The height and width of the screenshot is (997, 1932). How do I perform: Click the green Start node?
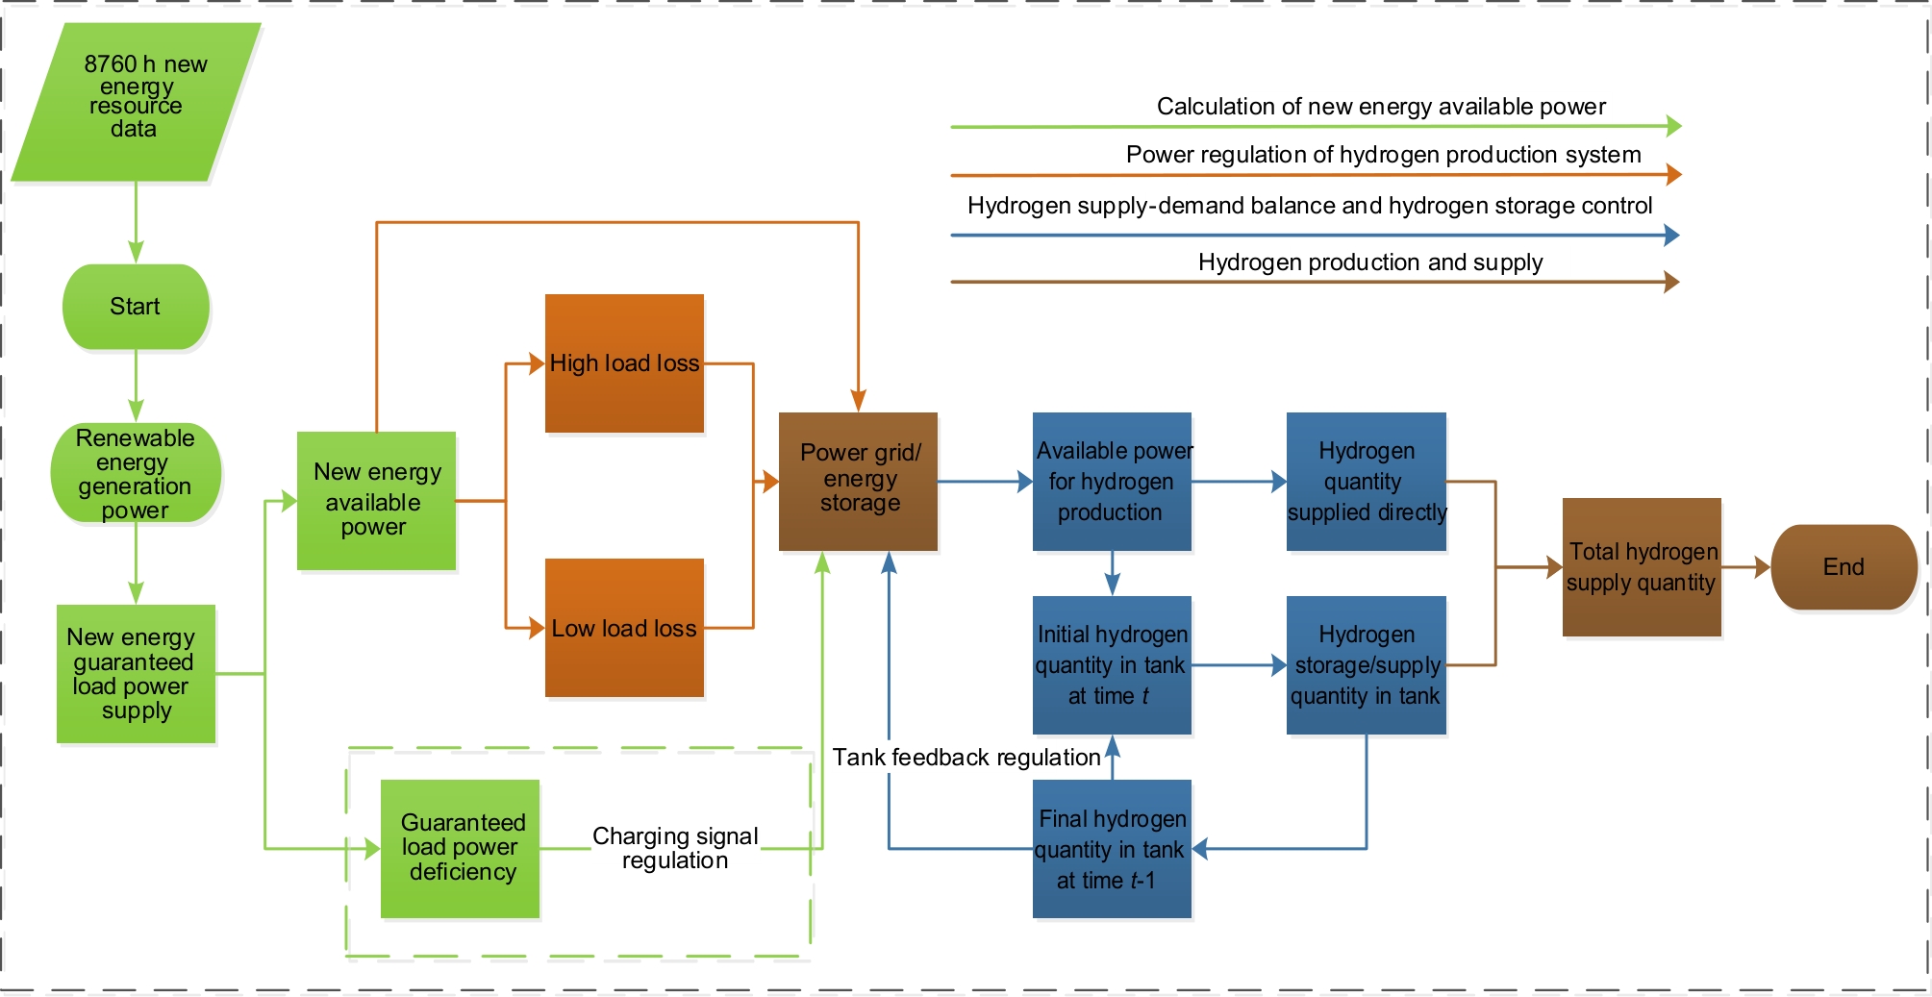(136, 307)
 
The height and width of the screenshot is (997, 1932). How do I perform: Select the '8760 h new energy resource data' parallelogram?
(136, 102)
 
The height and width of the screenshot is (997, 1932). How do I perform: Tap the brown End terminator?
(1844, 567)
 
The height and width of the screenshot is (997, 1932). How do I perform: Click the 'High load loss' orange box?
(624, 363)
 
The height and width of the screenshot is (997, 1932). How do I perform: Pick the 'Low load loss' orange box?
(624, 628)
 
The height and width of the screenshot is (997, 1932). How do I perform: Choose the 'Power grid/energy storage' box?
(858, 482)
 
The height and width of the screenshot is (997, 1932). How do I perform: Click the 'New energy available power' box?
(376, 501)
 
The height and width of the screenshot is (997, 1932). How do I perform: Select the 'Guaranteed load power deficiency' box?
(460, 848)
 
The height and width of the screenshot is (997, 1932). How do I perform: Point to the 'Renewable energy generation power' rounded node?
(136, 473)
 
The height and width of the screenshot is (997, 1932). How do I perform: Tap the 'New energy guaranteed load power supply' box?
(136, 674)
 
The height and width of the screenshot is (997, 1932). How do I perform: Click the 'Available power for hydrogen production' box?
(1112, 482)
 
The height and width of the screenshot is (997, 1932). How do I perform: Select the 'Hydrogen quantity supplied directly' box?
(1366, 482)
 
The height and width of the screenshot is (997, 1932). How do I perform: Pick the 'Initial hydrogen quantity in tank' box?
(1112, 665)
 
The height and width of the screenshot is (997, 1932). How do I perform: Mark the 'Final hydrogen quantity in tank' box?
(1112, 849)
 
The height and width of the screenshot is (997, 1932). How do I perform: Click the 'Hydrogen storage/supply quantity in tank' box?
(1366, 665)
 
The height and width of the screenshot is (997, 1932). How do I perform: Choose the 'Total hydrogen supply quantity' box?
(1642, 567)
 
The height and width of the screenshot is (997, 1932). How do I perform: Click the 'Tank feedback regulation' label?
(966, 758)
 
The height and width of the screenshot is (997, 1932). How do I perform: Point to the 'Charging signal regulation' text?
(675, 848)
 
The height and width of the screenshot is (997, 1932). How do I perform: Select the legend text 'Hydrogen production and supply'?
(1369, 262)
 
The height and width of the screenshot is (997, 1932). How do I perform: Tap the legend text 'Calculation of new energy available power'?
(1381, 107)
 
